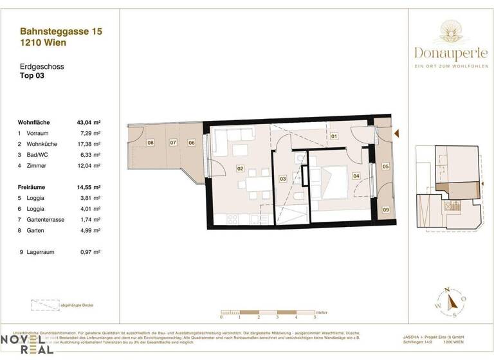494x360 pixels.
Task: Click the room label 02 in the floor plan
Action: tap(240, 169)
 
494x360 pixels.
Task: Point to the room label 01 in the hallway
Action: tap(334, 136)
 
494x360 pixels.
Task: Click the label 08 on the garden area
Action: tap(150, 143)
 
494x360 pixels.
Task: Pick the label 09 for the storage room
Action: tap(385, 210)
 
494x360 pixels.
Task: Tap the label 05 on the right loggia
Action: tap(385, 166)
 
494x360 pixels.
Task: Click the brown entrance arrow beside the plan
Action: tap(397, 133)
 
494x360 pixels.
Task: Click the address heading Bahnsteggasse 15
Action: tap(60, 31)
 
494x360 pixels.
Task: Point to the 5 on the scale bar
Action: tap(315, 318)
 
